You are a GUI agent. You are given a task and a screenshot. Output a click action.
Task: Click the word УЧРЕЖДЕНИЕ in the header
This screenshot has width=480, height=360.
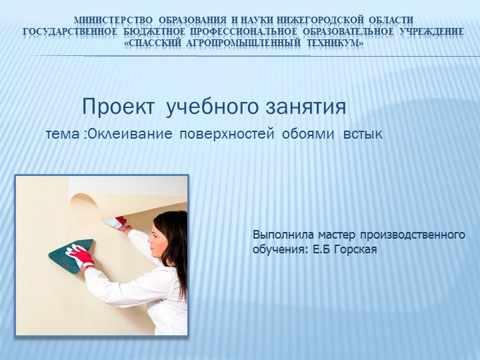(x=427, y=31)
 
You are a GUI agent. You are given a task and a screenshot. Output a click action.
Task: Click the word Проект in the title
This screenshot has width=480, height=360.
(x=120, y=107)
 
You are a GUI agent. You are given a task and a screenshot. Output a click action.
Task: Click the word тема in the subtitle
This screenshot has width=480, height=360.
(x=64, y=135)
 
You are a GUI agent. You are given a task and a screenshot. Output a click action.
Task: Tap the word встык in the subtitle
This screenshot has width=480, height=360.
(x=362, y=135)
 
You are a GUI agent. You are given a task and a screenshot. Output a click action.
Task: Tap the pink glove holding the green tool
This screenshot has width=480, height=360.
(x=82, y=255)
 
